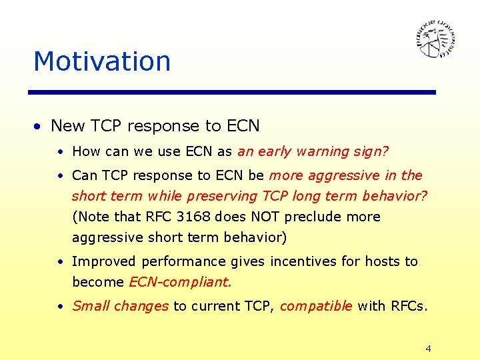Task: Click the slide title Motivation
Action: pos(102,61)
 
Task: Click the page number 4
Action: pos(428,349)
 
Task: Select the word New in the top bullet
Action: pos(68,126)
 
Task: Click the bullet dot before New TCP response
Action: pos(40,127)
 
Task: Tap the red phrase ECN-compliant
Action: pos(180,282)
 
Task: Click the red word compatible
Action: pos(316,306)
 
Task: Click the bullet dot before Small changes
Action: pos(60,307)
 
